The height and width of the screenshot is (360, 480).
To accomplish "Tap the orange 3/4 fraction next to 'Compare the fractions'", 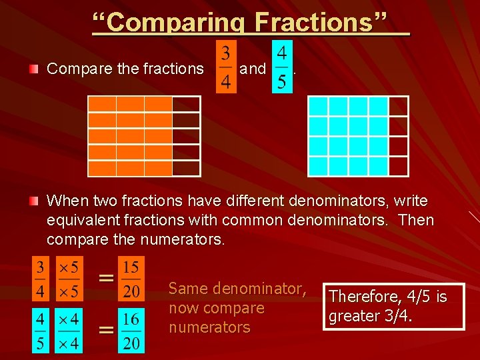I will pos(226,67).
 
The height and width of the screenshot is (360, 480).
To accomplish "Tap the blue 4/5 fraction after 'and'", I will pos(282,67).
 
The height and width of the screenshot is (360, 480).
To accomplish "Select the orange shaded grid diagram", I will pos(144,136).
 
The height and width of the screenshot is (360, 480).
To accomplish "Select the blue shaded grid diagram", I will pos(358,136).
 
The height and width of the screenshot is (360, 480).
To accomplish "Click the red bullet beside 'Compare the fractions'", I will pos(34,69).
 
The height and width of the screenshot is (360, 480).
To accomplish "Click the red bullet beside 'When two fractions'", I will pos(34,201).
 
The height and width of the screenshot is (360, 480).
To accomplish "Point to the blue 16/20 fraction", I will pos(131,331).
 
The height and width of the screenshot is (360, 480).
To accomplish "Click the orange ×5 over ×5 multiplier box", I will pos(69,280).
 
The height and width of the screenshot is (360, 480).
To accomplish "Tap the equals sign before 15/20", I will pos(105,278).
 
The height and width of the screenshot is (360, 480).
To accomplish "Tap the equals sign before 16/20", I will pos(105,329).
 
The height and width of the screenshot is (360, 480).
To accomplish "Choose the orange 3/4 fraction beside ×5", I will pos(40,280).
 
